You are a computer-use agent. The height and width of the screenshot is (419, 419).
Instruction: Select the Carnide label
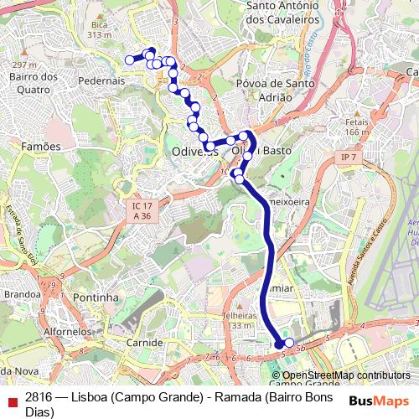(x=144, y=344)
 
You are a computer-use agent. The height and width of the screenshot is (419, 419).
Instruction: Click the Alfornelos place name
(x=68, y=332)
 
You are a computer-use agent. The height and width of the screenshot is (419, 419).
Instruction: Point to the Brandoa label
(x=23, y=294)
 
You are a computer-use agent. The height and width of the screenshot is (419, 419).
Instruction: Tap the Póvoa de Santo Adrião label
(x=264, y=90)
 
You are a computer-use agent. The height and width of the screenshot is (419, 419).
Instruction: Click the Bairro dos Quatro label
(x=32, y=84)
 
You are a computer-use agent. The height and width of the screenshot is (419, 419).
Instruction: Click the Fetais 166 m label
(x=356, y=127)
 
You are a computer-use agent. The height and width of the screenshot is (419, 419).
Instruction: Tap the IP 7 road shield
(x=349, y=158)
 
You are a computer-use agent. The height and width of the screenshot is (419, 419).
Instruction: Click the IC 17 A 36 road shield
(x=142, y=210)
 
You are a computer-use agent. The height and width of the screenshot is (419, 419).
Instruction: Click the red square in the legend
(x=12, y=402)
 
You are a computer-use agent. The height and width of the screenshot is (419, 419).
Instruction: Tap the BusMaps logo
(x=380, y=401)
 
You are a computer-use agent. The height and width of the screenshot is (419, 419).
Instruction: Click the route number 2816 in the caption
(x=39, y=396)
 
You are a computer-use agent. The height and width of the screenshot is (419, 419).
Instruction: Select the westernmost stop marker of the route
(x=130, y=59)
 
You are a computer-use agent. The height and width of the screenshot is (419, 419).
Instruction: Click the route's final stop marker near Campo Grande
(x=289, y=343)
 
